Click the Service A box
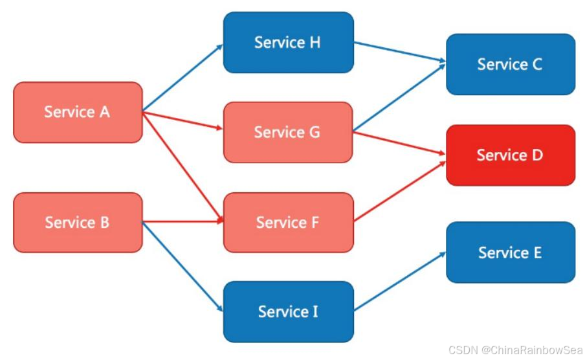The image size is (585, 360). (78, 112)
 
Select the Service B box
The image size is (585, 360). (78, 222)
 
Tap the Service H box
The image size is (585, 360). (288, 42)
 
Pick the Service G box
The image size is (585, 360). (288, 132)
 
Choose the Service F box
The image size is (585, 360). (288, 222)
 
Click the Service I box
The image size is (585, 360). (288, 311)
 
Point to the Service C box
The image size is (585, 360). (510, 64)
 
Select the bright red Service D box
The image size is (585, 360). (510, 155)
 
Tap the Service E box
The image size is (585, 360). (510, 252)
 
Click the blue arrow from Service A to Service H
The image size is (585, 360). (182, 78)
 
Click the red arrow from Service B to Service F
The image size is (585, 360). (182, 222)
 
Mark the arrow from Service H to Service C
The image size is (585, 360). (399, 52)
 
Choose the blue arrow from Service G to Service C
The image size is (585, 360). (399, 96)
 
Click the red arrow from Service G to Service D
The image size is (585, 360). (399, 143)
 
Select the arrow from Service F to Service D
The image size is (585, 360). (399, 189)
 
